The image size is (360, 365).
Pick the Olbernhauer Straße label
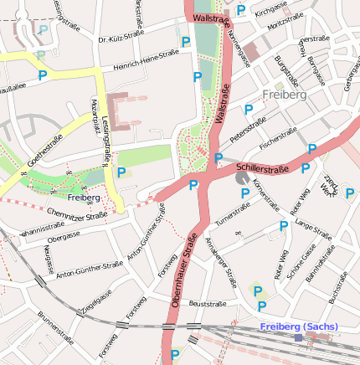pos(185,275)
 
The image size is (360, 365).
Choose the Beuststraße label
pos(208,303)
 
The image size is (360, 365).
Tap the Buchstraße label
pos(338,285)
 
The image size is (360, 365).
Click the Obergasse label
pos(64,235)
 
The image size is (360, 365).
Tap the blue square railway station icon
pos(298,337)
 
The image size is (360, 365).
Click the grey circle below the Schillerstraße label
pos(242,178)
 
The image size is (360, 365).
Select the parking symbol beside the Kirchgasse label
pos(241,10)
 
